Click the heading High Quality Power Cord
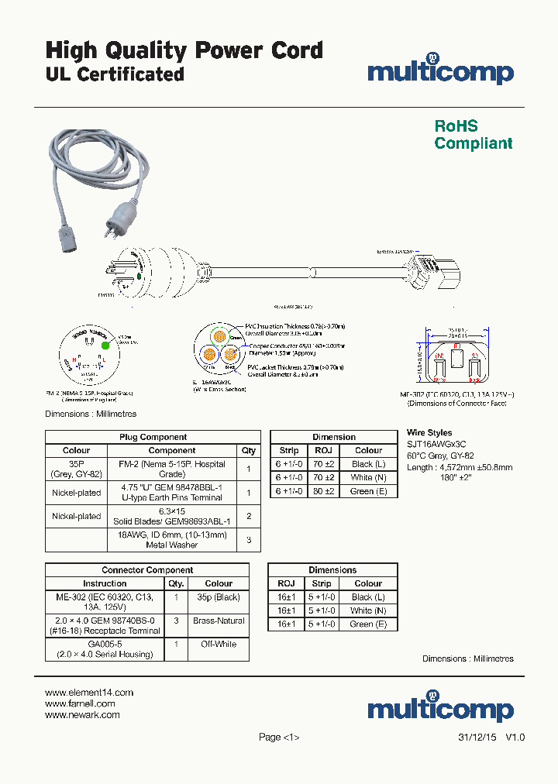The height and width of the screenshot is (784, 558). [x=184, y=51]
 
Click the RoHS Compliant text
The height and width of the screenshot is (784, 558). [x=473, y=135]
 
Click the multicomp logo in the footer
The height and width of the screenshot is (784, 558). [x=440, y=708]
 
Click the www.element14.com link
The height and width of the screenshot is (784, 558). [x=89, y=693]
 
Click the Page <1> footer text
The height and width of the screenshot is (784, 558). [x=278, y=738]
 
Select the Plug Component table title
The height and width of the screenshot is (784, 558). [x=153, y=437]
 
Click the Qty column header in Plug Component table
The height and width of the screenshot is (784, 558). [x=248, y=450]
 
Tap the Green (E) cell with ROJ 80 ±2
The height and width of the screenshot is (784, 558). [x=368, y=491]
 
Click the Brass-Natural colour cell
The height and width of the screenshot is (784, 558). [x=219, y=621]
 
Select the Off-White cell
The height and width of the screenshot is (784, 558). [x=219, y=644]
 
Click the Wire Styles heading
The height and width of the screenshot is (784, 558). [x=429, y=433]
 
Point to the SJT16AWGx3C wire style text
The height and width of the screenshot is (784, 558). [x=436, y=445]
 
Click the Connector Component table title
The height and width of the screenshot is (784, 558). [x=147, y=570]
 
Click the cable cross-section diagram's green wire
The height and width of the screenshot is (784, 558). [x=219, y=337]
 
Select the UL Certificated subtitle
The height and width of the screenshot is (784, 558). [x=115, y=74]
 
